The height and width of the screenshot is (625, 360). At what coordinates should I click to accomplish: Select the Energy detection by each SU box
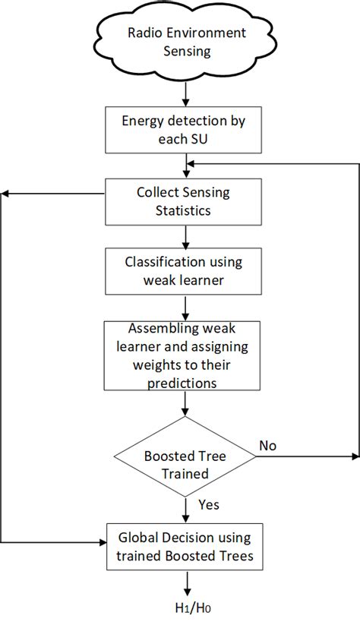[x=185, y=130]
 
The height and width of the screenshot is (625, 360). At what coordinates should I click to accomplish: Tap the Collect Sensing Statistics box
[x=185, y=201]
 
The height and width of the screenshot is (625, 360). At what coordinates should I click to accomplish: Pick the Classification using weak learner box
[x=185, y=271]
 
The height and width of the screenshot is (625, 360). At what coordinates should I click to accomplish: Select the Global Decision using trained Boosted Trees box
[x=185, y=547]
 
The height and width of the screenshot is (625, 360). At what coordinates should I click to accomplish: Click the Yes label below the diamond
[x=208, y=503]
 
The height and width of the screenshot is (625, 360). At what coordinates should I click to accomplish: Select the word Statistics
[x=185, y=210]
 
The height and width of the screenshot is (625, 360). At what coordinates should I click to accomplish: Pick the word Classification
[x=162, y=262]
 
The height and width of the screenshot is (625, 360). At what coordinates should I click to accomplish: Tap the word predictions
[x=185, y=384]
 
